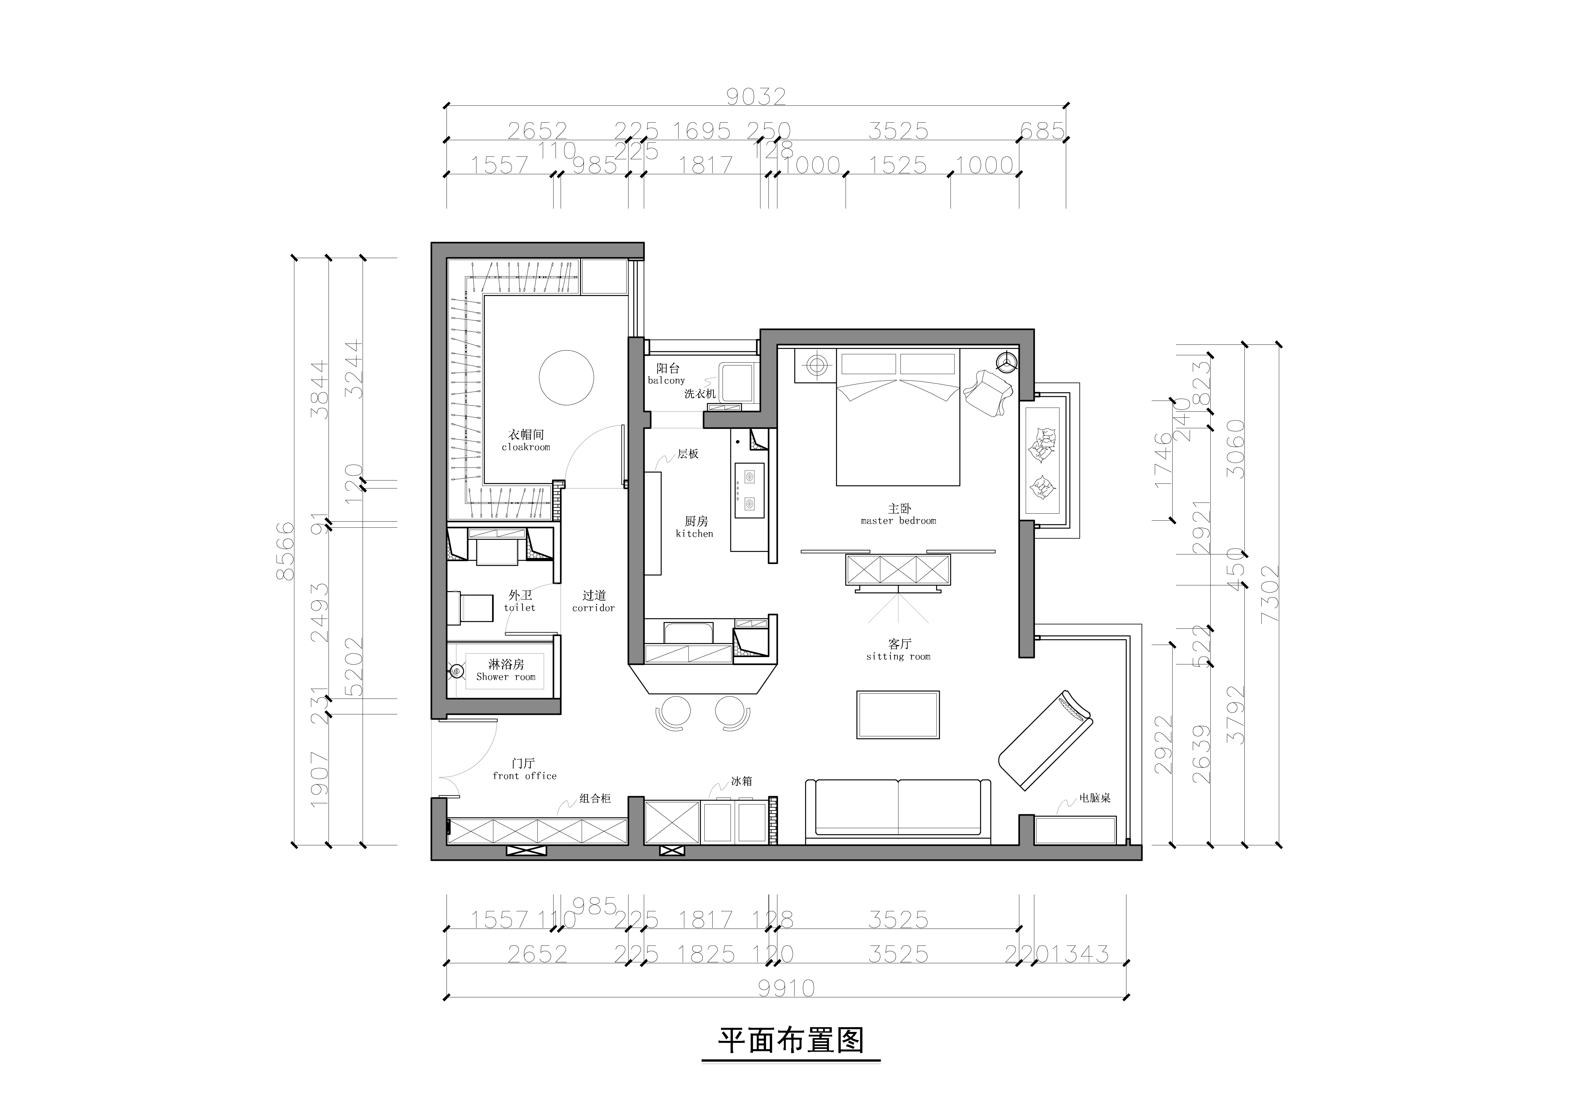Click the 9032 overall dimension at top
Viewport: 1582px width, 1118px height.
[x=756, y=97]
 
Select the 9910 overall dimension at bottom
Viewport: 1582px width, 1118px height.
[x=786, y=989]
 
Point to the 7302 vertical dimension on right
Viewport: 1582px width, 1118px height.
[x=1269, y=594]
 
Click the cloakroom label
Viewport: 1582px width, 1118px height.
[x=526, y=441]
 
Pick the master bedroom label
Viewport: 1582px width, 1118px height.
[x=899, y=515]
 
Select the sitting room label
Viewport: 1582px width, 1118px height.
[x=899, y=650]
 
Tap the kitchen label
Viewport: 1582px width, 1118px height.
[x=695, y=527]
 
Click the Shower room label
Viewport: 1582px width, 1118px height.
[x=506, y=670]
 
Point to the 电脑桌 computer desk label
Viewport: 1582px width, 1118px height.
[x=1095, y=798]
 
